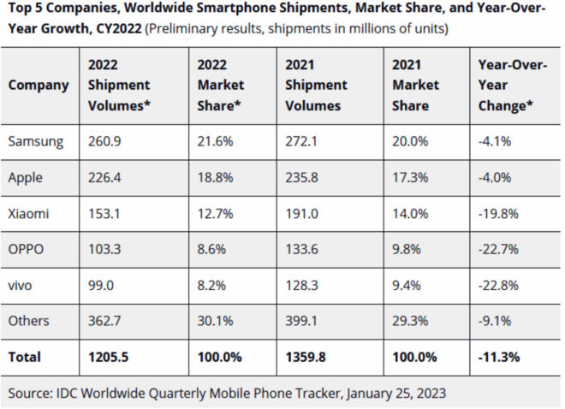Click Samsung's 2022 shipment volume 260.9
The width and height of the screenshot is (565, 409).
(104, 141)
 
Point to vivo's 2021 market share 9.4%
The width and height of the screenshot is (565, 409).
(407, 284)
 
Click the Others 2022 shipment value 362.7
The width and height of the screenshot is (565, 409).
(104, 320)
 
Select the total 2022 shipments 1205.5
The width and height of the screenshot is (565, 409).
(107, 356)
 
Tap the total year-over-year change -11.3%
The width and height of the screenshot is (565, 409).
(498, 356)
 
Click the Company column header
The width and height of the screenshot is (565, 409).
(38, 85)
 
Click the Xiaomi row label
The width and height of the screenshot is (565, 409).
(31, 212)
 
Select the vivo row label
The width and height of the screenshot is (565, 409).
(24, 284)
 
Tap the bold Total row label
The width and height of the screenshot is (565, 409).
(25, 356)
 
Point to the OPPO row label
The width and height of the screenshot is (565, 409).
(27, 249)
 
